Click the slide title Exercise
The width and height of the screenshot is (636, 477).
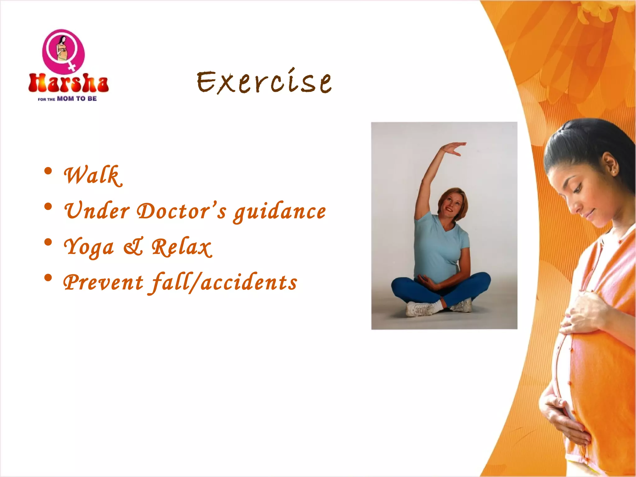pyautogui.click(x=264, y=82)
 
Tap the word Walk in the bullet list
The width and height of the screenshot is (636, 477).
pyautogui.click(x=92, y=175)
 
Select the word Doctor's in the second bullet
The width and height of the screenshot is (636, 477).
pyautogui.click(x=182, y=211)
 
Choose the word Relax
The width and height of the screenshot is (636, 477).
pyautogui.click(x=182, y=247)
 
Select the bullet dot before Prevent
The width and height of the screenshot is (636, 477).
pyautogui.click(x=48, y=278)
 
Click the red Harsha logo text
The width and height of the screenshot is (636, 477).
pyautogui.click(x=68, y=83)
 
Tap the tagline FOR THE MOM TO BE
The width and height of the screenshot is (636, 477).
pyautogui.click(x=67, y=99)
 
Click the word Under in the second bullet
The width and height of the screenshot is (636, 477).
pyautogui.click(x=97, y=211)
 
